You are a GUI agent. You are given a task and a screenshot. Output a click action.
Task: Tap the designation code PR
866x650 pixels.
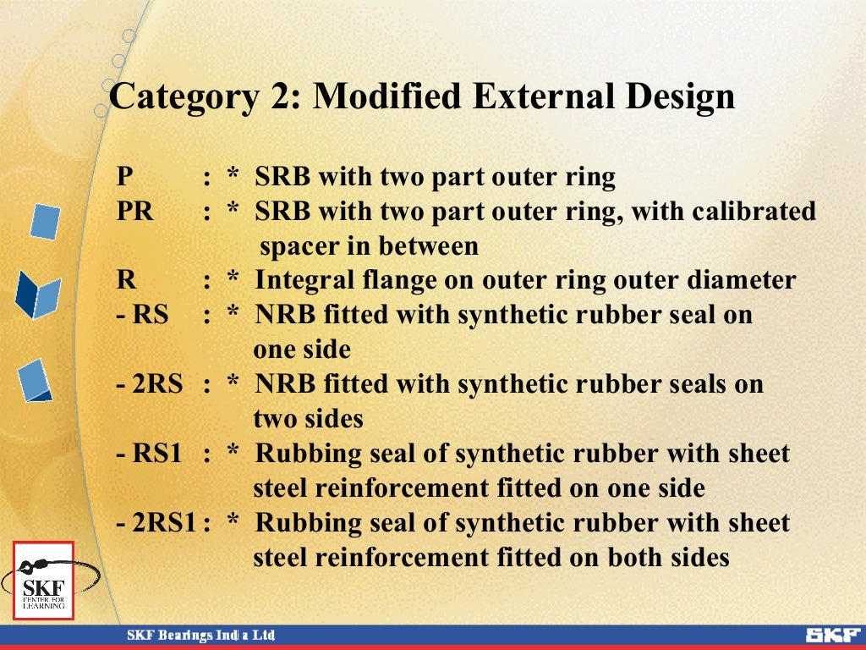point(135,211)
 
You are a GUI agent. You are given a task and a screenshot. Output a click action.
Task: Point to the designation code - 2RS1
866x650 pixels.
point(156,523)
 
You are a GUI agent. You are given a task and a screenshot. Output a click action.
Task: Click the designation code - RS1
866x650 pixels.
point(149,454)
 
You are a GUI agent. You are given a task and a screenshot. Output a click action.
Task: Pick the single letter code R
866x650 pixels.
point(125,280)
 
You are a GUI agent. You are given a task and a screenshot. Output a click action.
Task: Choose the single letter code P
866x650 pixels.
point(124,177)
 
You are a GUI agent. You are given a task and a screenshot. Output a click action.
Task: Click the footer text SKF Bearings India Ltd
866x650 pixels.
point(200,636)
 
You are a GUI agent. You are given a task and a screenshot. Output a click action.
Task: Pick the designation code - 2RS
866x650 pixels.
point(149,384)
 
